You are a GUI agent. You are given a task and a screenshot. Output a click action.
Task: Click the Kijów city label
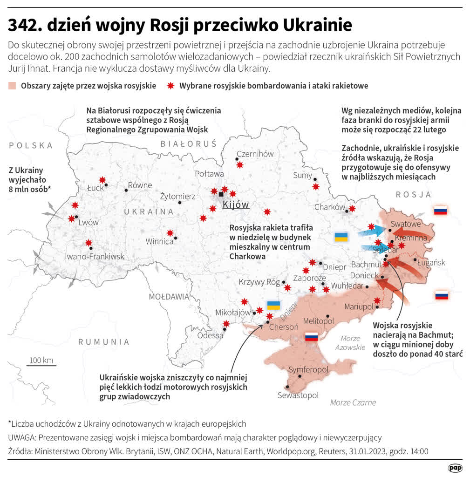(x=236, y=205)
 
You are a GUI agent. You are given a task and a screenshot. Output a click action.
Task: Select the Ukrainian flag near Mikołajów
(x=273, y=306)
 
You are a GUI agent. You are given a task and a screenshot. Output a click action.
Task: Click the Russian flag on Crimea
(x=311, y=337)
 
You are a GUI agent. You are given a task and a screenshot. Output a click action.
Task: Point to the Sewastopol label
(x=298, y=395)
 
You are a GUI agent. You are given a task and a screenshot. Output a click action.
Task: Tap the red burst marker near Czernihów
(x=239, y=164)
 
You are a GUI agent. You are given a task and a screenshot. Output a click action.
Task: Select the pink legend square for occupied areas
(x=13, y=86)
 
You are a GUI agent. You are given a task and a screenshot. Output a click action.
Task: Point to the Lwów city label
(x=89, y=222)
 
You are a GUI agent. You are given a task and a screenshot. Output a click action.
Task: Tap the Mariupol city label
(x=359, y=307)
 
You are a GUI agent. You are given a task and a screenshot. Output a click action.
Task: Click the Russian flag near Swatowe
(x=440, y=211)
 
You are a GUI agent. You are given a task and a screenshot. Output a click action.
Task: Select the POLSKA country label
(x=31, y=145)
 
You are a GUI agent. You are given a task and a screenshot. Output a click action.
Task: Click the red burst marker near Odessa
(x=226, y=324)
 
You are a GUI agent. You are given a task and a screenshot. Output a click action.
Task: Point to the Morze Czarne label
(x=353, y=402)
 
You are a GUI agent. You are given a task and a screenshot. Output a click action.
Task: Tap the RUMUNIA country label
(x=103, y=342)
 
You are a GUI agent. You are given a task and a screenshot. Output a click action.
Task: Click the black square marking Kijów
(x=221, y=194)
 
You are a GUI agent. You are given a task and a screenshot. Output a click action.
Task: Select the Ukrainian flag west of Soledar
(x=341, y=237)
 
